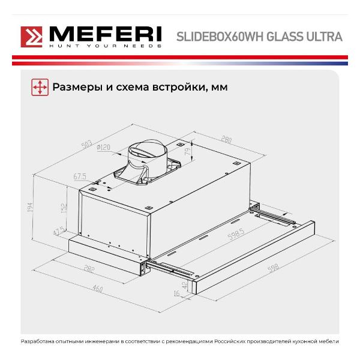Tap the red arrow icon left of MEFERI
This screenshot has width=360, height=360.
31,37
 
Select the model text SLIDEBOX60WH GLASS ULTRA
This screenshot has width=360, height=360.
259,37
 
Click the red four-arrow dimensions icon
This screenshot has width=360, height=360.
40,87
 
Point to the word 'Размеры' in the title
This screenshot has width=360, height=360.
74,87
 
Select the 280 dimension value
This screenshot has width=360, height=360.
226,141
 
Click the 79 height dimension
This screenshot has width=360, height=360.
188,152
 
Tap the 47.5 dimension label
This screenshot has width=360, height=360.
59,231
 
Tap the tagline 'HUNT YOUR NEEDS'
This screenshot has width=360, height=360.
105,46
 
